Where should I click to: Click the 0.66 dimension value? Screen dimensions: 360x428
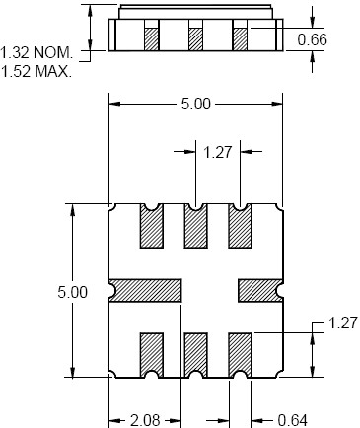pyautogui.click(x=312, y=39)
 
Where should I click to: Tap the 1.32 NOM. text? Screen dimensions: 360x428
pyautogui.click(x=36, y=53)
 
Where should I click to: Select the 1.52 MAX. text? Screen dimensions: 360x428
pyautogui.click(x=36, y=71)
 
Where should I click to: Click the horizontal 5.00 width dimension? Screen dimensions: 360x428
pyautogui.click(x=195, y=104)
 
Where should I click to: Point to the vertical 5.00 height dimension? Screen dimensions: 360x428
pyautogui.click(x=72, y=292)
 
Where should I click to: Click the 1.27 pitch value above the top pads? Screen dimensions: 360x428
pyautogui.click(x=218, y=152)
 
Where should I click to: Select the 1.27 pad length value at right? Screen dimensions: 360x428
pyautogui.click(x=342, y=323)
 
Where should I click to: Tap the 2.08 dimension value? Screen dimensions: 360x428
pyautogui.click(x=145, y=420)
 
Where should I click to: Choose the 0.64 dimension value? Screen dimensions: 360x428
pyautogui.click(x=292, y=420)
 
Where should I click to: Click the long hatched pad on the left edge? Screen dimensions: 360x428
pyautogui.click(x=146, y=291)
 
